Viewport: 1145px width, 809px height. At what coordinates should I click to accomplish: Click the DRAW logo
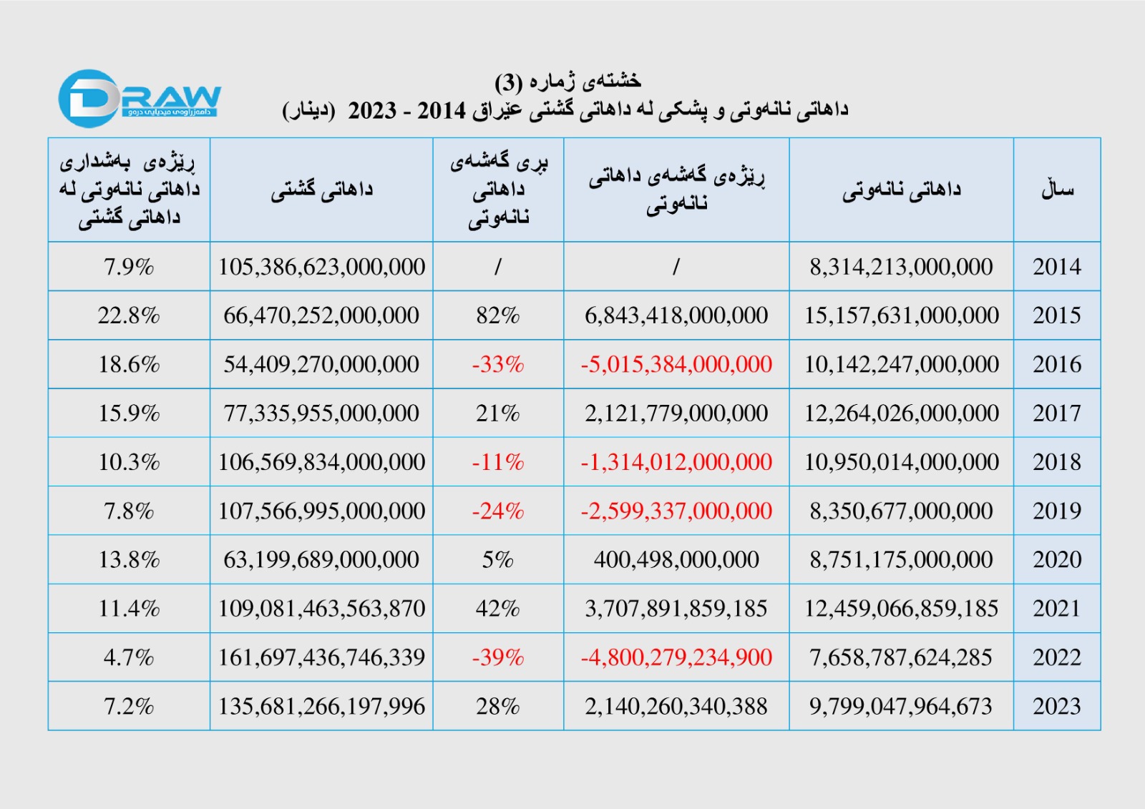click(140, 99)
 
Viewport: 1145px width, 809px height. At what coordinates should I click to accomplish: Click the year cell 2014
click(1056, 267)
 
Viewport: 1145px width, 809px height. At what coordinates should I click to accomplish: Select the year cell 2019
click(1056, 511)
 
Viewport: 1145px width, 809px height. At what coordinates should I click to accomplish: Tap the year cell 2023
click(1056, 706)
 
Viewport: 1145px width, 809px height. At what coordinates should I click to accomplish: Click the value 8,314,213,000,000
click(901, 267)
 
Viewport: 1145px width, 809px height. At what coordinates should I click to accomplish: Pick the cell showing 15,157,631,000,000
click(901, 315)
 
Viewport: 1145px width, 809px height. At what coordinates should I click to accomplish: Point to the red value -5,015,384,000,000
click(676, 364)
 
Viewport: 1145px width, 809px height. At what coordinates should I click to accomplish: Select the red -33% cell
click(498, 364)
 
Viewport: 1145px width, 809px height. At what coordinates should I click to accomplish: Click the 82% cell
click(498, 315)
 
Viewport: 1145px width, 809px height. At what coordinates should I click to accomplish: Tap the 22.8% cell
click(129, 315)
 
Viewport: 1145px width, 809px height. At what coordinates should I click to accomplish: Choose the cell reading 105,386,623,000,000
click(321, 267)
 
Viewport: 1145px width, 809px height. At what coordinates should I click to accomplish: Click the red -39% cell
click(498, 657)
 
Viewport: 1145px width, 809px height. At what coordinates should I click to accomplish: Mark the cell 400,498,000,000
click(676, 559)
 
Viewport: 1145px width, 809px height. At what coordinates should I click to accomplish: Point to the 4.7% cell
click(129, 657)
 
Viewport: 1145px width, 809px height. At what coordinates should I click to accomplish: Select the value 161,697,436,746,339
click(321, 657)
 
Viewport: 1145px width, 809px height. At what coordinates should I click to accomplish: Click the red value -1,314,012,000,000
click(676, 462)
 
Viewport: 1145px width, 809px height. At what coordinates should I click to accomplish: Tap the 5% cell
click(498, 559)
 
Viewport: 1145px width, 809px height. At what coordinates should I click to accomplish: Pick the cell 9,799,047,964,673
click(901, 706)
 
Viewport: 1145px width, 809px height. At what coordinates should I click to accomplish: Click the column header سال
click(1057, 190)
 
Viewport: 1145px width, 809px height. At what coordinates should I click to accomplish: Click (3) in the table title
click(509, 83)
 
